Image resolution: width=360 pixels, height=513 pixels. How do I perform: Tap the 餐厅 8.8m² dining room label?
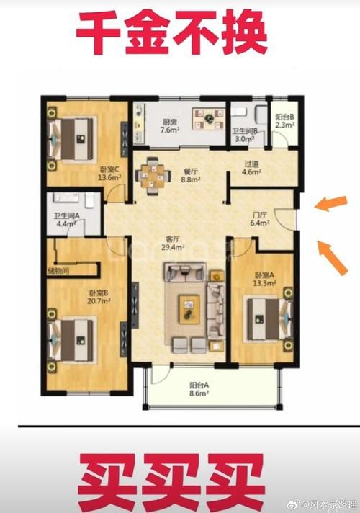click(x=191, y=175)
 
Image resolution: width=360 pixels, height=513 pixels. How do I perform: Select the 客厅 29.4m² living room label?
click(x=173, y=243)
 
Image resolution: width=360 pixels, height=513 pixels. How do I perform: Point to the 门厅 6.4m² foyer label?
click(x=260, y=219)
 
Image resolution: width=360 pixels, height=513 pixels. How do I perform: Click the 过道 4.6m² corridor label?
click(x=251, y=168)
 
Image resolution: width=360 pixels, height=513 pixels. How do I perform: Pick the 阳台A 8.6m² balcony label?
click(x=199, y=389)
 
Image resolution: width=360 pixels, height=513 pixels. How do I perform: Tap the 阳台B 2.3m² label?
click(x=285, y=120)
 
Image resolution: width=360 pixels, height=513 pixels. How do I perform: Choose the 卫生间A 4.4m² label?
click(x=66, y=220)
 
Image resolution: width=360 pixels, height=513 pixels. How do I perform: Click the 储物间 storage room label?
click(x=58, y=271)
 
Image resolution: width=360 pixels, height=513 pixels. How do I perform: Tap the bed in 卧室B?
click(x=71, y=340)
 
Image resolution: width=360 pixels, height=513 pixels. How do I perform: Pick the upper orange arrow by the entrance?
click(x=330, y=204)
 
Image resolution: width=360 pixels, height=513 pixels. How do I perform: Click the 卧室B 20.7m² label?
click(x=99, y=297)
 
